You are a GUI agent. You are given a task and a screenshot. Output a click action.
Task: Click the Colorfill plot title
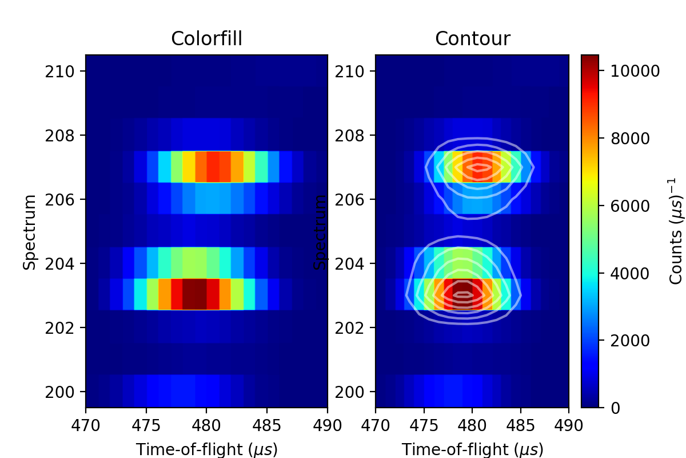206,39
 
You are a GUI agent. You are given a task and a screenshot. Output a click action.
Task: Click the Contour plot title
472,39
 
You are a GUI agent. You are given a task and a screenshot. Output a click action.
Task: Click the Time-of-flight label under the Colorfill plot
206,449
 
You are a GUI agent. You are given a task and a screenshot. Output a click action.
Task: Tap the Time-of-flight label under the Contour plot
472,449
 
